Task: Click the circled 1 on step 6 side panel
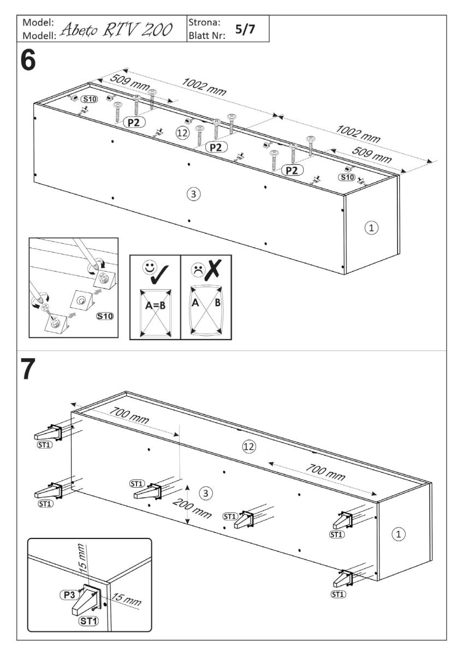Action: point(372,227)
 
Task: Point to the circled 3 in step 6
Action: point(192,193)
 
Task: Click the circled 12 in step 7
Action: point(249,447)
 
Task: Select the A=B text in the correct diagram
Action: point(153,306)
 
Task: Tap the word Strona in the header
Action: point(203,23)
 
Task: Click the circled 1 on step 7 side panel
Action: point(399,534)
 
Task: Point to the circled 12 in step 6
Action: point(183,132)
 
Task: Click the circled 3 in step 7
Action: point(205,493)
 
